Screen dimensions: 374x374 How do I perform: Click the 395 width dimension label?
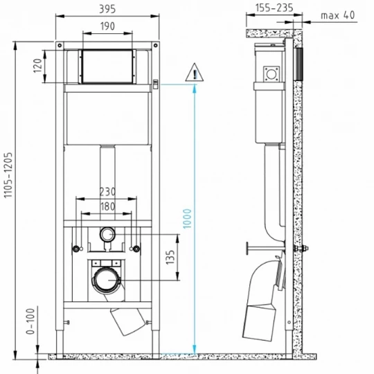(x=107, y=9)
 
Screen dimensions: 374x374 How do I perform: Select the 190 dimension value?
(x=107, y=26)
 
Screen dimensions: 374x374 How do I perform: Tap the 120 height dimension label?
(x=37, y=66)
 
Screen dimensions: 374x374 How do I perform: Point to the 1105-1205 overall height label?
(x=8, y=175)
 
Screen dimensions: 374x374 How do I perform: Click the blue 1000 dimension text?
(x=187, y=218)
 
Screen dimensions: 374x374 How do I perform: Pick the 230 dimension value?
(x=107, y=192)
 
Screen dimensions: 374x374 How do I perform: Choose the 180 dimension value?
(x=107, y=206)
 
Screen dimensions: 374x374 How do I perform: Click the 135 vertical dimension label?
(x=170, y=257)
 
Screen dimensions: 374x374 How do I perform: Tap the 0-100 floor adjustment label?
(x=30, y=321)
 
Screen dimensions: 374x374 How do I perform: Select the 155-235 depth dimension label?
(x=274, y=8)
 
